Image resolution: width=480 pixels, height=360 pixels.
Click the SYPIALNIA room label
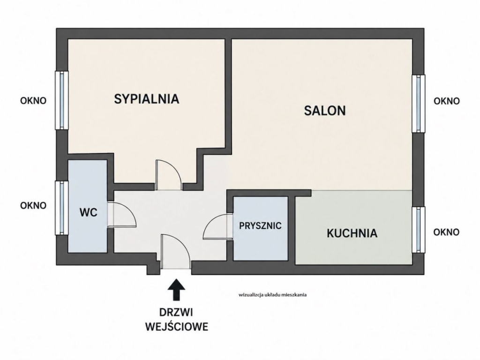click(146, 99)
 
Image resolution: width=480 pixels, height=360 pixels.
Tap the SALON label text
click(325, 111)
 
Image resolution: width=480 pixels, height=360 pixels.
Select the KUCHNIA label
click(352, 233)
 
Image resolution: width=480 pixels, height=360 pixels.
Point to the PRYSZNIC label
click(260, 225)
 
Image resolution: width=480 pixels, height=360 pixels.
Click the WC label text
click(89, 212)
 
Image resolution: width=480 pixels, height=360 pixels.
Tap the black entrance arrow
click(177, 289)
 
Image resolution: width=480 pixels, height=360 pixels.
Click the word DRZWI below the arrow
click(176, 313)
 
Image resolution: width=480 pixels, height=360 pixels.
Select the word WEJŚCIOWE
click(177, 327)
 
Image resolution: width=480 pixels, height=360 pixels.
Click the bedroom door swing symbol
click(168, 175)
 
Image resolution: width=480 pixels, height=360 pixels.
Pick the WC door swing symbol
click(121, 214)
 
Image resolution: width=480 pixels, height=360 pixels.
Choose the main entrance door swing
click(175, 252)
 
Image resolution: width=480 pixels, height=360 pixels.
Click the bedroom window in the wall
click(61, 100)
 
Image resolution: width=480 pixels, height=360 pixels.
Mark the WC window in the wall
click(61, 208)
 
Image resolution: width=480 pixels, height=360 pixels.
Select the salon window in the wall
click(418, 104)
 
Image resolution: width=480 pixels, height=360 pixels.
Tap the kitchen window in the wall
click(418, 230)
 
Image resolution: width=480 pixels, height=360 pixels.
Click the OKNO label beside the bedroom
click(33, 101)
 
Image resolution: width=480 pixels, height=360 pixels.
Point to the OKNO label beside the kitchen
click(446, 232)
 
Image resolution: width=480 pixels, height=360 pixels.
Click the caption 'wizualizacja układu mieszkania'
click(272, 295)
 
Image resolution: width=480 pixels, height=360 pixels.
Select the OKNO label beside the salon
click(447, 101)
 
